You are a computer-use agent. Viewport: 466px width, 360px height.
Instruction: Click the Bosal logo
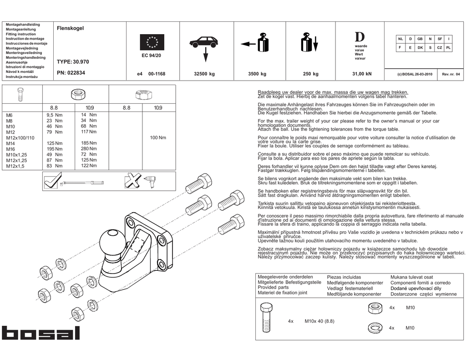click(41, 333)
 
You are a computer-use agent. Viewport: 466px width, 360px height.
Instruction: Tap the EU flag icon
click(152, 42)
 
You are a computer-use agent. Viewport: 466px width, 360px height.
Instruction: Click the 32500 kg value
click(204, 74)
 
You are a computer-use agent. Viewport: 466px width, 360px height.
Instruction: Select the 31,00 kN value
click(362, 74)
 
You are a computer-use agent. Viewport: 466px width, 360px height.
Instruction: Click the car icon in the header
click(203, 42)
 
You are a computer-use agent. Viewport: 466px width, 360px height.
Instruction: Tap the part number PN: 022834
click(71, 73)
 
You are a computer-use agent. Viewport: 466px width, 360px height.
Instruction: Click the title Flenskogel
click(70, 28)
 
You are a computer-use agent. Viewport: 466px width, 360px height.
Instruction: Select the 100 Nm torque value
click(158, 137)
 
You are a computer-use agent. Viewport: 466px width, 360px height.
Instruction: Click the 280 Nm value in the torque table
click(89, 149)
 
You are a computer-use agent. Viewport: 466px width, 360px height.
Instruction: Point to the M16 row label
click(11, 149)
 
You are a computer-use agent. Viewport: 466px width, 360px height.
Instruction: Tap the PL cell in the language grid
click(448, 47)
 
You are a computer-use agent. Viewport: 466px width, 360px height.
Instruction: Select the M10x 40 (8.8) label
click(319, 321)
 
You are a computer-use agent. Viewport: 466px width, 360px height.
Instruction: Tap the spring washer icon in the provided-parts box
click(374, 328)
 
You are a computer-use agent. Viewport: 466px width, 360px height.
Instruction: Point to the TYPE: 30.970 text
click(73, 61)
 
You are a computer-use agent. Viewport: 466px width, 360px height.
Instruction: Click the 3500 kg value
click(257, 74)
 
